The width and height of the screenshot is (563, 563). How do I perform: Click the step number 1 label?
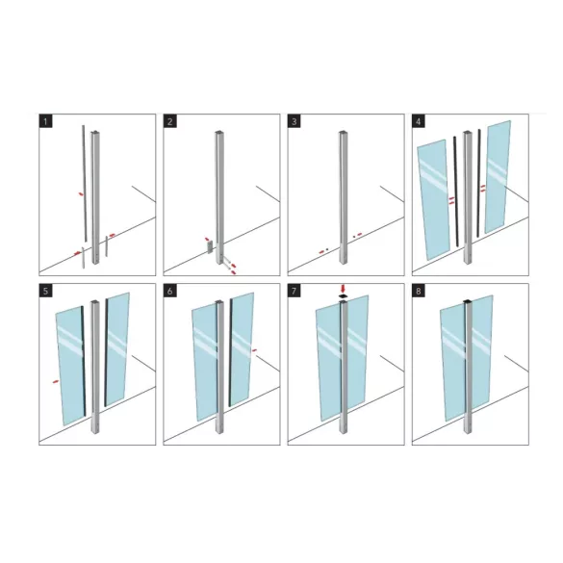tap(45, 121)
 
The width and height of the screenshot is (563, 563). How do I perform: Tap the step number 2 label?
tap(169, 121)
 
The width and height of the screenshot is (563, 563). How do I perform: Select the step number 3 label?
tap(294, 121)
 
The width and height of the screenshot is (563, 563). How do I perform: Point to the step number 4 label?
tap(419, 121)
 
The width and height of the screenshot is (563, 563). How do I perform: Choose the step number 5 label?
tap(45, 291)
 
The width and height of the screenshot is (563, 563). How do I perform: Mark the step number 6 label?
tap(169, 291)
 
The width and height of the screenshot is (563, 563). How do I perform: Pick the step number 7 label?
tap(294, 291)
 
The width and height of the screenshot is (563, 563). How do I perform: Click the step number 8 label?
tap(419, 291)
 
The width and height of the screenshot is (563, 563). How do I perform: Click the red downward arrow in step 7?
tap(343, 289)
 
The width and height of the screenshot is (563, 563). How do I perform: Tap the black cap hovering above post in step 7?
tap(344, 296)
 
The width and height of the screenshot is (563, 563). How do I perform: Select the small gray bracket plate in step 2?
tap(210, 247)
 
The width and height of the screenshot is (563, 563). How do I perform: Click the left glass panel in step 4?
tap(433, 199)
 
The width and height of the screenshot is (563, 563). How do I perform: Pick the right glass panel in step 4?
tap(498, 177)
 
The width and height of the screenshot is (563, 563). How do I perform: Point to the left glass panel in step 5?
tap(69, 366)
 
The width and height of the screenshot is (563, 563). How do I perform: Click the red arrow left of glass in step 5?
tap(55, 381)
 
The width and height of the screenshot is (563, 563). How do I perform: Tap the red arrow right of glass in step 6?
tap(254, 350)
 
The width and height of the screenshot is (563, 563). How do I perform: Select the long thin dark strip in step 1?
tap(85, 183)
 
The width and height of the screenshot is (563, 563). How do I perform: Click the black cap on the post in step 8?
tap(467, 301)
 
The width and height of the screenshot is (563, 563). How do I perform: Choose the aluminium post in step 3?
tap(344, 197)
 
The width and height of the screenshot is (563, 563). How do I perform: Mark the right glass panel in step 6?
tap(242, 349)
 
